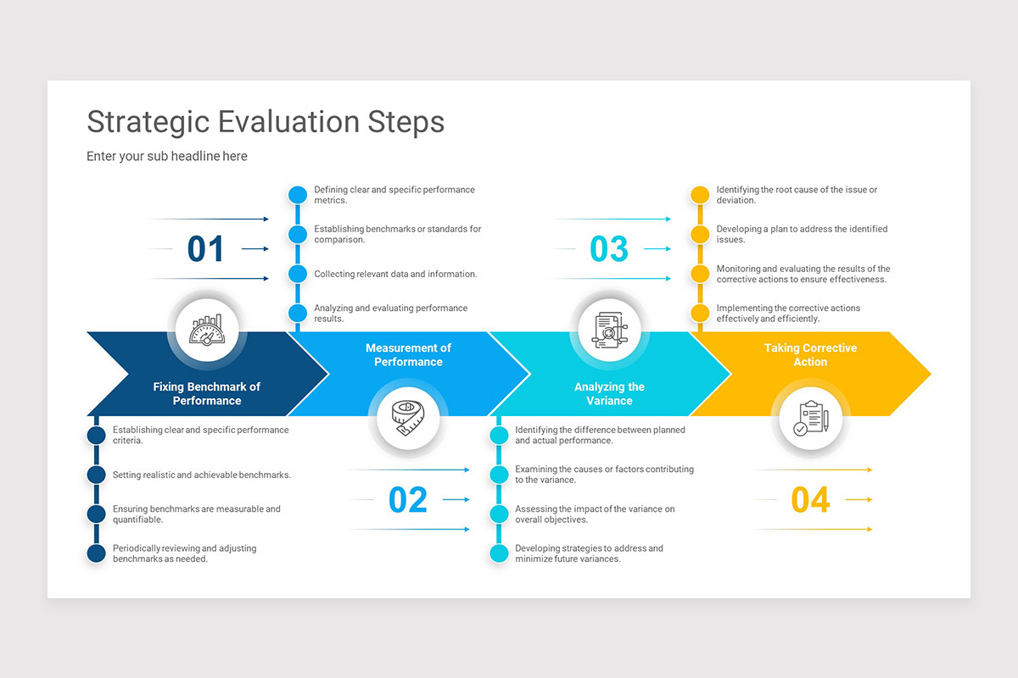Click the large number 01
[205, 249]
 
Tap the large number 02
[407, 500]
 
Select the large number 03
[608, 249]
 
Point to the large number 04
[810, 500]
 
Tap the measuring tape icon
[408, 417]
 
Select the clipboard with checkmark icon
[810, 418]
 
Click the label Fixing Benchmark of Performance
[207, 393]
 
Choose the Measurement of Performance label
[408, 354]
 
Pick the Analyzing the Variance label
[609, 393]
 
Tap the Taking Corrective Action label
[810, 354]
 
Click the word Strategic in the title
[148, 121]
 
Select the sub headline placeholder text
[167, 156]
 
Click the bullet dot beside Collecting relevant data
[297, 274]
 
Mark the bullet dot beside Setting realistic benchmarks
[97, 475]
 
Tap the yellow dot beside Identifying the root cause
[700, 195]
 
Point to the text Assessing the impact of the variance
[595, 514]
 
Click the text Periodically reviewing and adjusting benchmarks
[184, 553]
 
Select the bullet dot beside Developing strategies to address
[500, 553]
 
